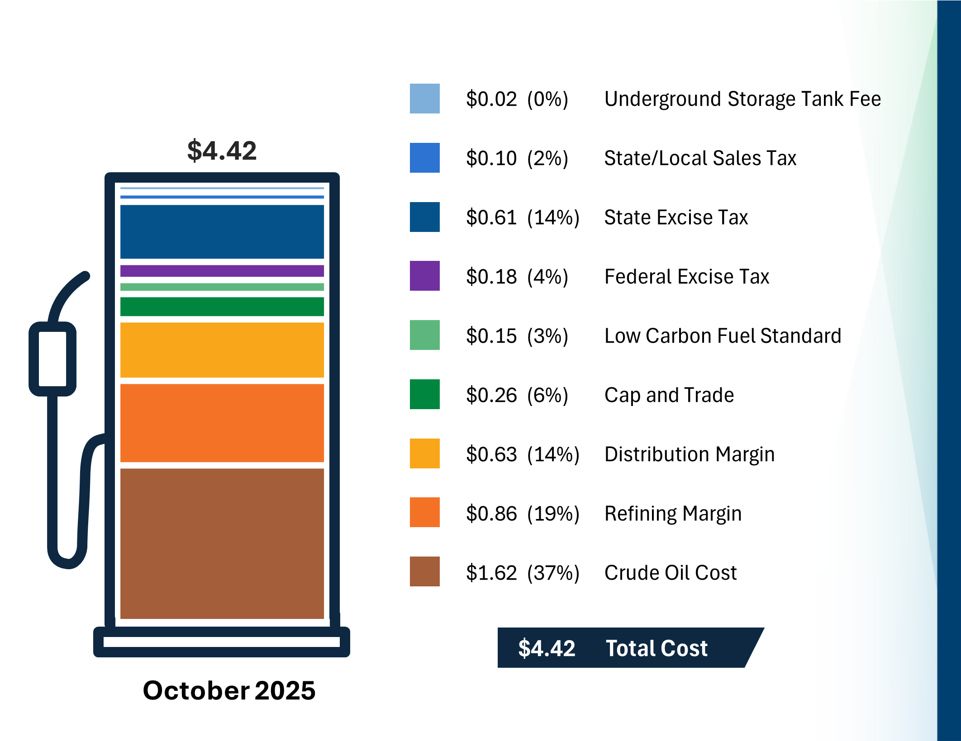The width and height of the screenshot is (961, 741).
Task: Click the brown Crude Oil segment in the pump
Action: coord(222,543)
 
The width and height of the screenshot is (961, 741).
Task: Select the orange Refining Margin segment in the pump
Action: coord(222,423)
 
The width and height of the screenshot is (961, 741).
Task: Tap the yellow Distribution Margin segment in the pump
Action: coord(222,349)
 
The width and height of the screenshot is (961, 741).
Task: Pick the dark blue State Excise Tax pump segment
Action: coord(222,231)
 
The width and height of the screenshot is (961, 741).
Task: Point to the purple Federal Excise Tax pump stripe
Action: coord(222,270)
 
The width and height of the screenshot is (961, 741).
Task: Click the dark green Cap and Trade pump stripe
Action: coord(222,307)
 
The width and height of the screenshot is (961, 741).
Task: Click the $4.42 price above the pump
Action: coord(222,151)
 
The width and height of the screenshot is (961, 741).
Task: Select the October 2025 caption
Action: coord(229,690)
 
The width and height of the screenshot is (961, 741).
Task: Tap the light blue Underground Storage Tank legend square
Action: coord(424,99)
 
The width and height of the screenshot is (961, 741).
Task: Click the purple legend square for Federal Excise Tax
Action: coord(424,276)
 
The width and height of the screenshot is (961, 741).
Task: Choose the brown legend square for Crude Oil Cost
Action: coord(424,571)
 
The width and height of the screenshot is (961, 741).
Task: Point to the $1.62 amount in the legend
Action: coord(491,573)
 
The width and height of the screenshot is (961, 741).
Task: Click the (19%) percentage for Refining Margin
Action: coord(553,514)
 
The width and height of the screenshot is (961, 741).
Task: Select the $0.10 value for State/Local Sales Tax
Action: coord(491,158)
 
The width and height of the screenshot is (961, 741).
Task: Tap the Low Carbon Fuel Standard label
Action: coord(723,336)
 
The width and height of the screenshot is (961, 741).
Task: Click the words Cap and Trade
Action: coord(669,395)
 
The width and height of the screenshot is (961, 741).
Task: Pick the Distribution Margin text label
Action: coord(689,454)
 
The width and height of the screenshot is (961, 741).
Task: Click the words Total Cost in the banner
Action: coord(656,648)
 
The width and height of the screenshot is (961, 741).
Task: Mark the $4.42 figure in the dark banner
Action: coord(547,648)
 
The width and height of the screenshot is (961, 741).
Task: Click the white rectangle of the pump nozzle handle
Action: coord(52,359)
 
